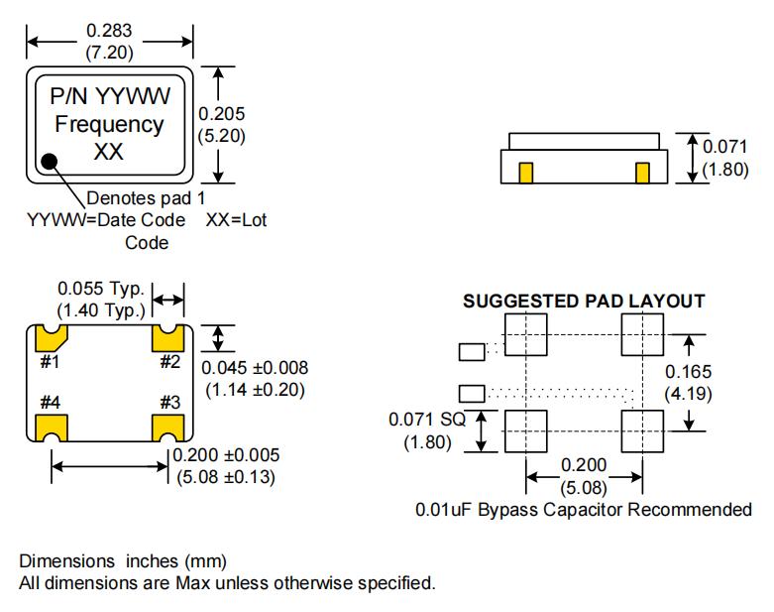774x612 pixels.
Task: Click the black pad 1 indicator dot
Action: tap(49, 160)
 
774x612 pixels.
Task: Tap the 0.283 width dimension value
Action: tap(109, 30)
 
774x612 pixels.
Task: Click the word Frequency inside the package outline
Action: tap(109, 125)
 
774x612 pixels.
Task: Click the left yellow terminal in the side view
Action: tap(526, 173)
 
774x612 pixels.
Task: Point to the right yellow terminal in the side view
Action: tap(642, 173)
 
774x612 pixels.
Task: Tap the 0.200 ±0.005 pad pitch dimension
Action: tap(225, 455)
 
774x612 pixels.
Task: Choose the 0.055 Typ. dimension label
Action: tap(101, 290)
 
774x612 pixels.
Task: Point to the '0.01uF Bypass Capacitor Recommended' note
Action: tap(584, 510)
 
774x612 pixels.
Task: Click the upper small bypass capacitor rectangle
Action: tap(473, 350)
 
